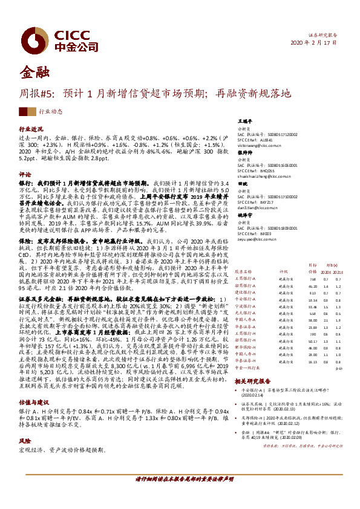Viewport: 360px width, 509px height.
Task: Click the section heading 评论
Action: (25, 174)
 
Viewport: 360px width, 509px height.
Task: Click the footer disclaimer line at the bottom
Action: (180, 496)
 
